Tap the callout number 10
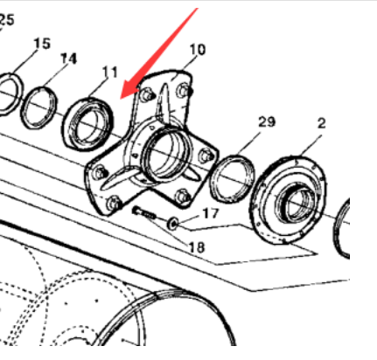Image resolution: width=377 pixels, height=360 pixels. click(x=197, y=50)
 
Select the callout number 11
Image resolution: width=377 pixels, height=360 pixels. click(x=110, y=71)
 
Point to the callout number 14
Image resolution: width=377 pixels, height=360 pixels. click(x=69, y=59)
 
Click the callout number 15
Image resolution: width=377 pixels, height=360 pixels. click(x=42, y=43)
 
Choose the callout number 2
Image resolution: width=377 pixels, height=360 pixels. click(x=321, y=123)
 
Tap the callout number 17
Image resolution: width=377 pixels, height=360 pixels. click(x=211, y=212)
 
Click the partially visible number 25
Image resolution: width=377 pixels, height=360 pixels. click(x=6, y=19)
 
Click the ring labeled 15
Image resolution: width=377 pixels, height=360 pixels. click(x=10, y=91)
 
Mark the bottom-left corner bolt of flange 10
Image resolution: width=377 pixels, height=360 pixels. click(x=113, y=203)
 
